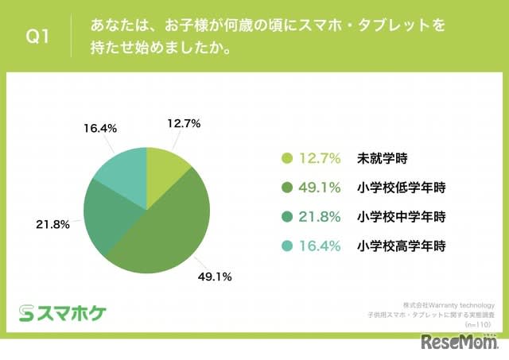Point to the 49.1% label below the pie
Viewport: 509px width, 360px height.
coord(216,277)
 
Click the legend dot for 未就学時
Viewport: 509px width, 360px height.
coord(287,158)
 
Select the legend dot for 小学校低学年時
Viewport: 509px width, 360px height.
coord(287,188)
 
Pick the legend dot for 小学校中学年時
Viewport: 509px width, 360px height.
coord(287,217)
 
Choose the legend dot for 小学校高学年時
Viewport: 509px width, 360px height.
coord(287,246)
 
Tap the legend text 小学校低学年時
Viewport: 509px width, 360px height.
coord(401,188)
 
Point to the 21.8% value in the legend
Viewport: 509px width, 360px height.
coord(321,217)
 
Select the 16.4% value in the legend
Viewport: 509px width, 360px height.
coord(321,246)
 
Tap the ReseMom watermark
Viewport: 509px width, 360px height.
coord(460,344)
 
